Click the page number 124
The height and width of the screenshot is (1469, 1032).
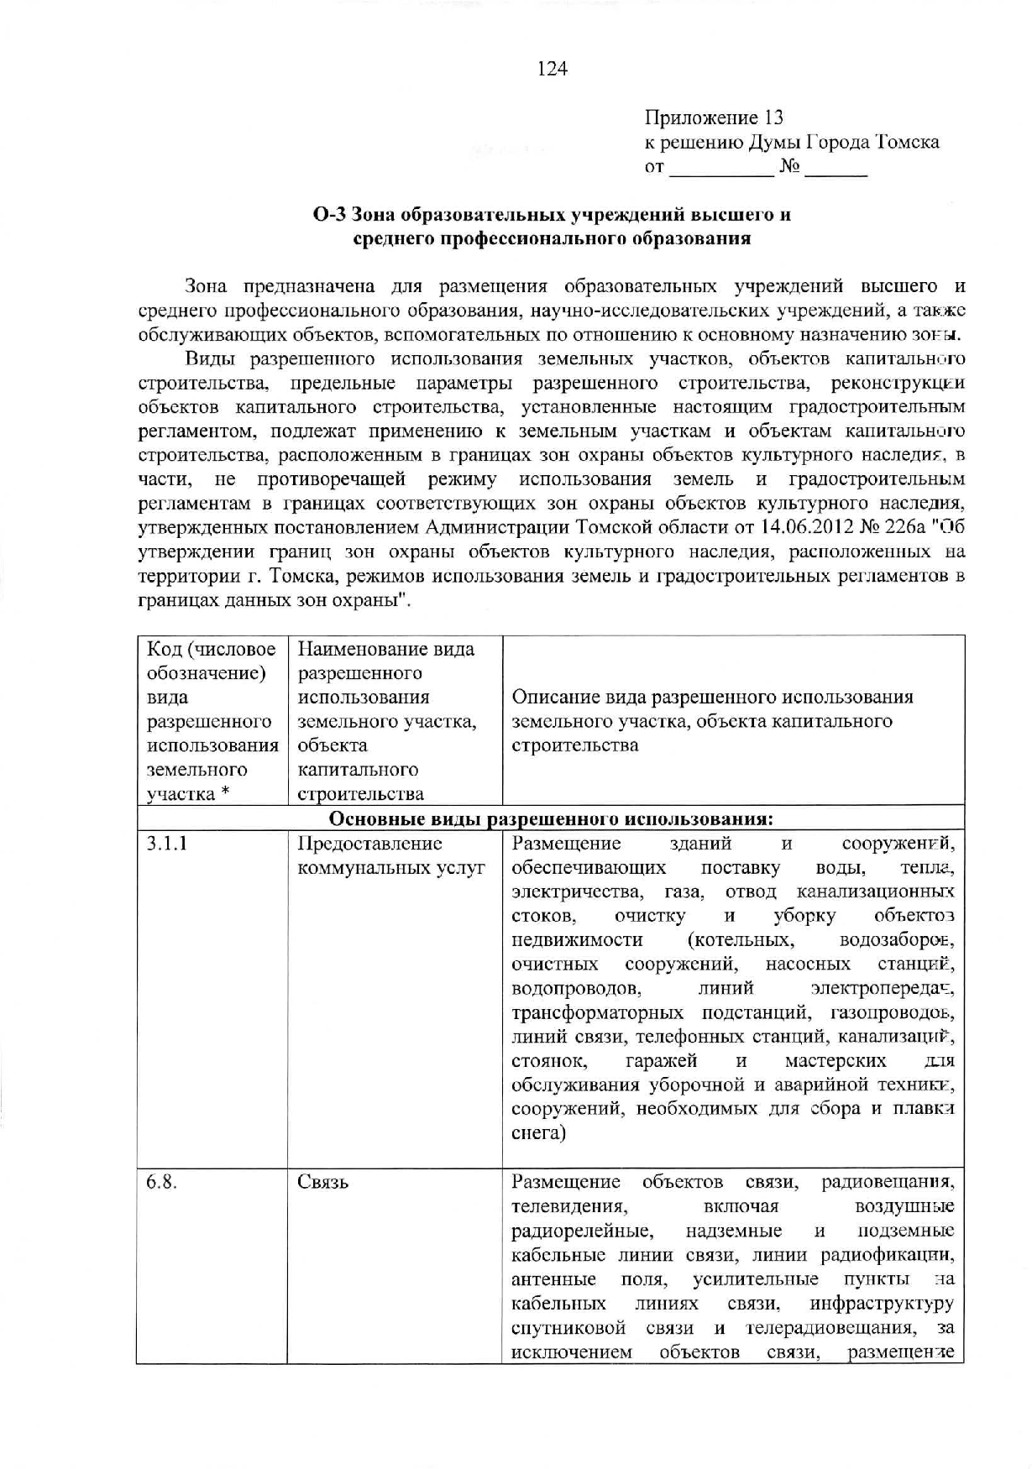tap(553, 69)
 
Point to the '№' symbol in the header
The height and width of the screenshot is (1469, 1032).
tap(789, 167)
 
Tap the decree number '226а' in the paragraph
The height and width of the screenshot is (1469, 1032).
tap(907, 528)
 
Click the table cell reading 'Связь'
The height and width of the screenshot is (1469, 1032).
tap(322, 1182)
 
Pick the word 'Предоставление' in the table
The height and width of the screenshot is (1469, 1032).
tap(369, 844)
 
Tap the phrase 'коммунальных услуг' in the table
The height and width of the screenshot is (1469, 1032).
tap(391, 868)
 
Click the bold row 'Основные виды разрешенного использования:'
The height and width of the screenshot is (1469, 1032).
tap(550, 819)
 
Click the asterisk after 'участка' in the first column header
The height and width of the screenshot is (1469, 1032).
tap(225, 794)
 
